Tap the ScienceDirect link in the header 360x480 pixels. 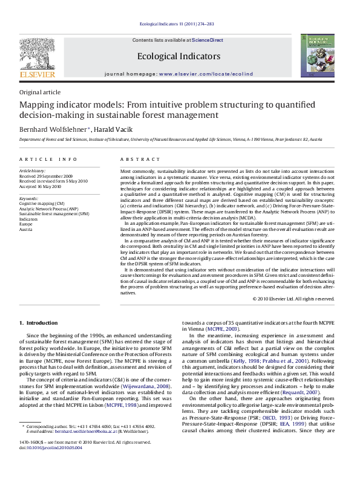(208, 40)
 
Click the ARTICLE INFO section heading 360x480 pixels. (42, 158)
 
